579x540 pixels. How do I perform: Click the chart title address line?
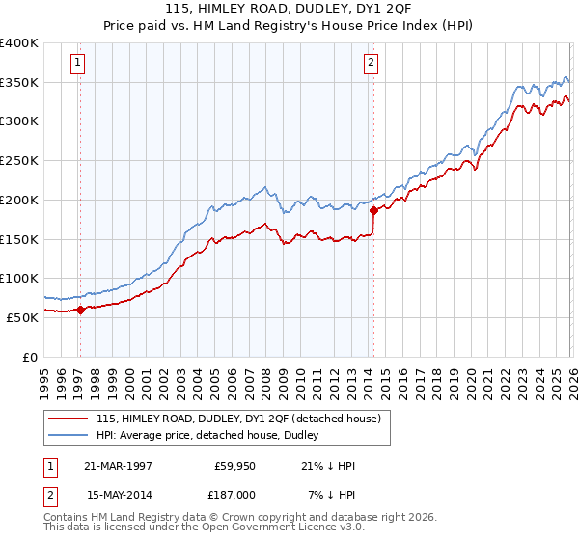coord(289,11)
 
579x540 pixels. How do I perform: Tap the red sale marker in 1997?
coord(81,310)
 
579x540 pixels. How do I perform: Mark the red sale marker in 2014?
coord(373,210)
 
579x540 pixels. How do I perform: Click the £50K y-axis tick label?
coord(22,317)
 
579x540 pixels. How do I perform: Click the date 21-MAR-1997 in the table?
coord(118,466)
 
